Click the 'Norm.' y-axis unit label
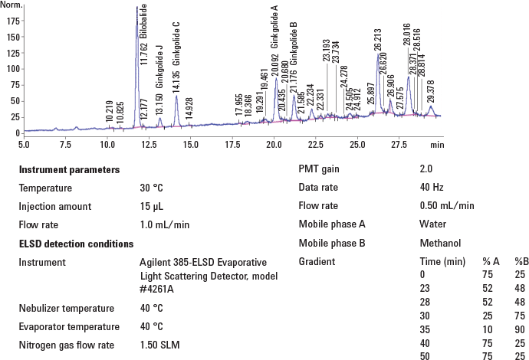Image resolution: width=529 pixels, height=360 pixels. (11, 4)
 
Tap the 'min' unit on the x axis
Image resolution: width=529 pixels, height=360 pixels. (437, 144)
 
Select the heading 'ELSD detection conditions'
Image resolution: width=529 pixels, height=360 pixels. (76, 244)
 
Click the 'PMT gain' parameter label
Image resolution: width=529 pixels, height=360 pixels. (319, 169)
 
